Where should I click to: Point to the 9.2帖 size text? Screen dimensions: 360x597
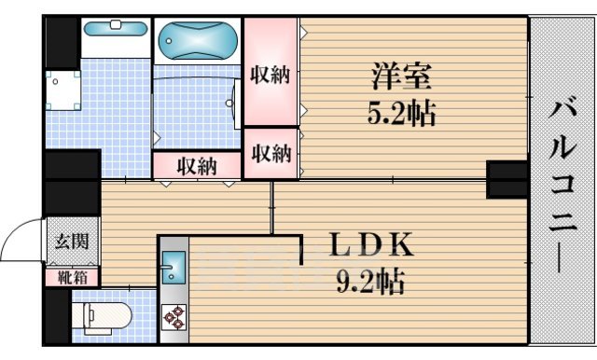pyautogui.click(x=370, y=281)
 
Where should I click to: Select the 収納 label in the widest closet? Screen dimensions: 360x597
pyautogui.click(x=198, y=166)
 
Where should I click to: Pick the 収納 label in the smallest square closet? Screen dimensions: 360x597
pyautogui.click(x=271, y=152)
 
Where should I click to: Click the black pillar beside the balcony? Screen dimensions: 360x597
pyautogui.click(x=507, y=178)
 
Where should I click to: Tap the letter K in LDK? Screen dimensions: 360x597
pyautogui.click(x=399, y=245)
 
